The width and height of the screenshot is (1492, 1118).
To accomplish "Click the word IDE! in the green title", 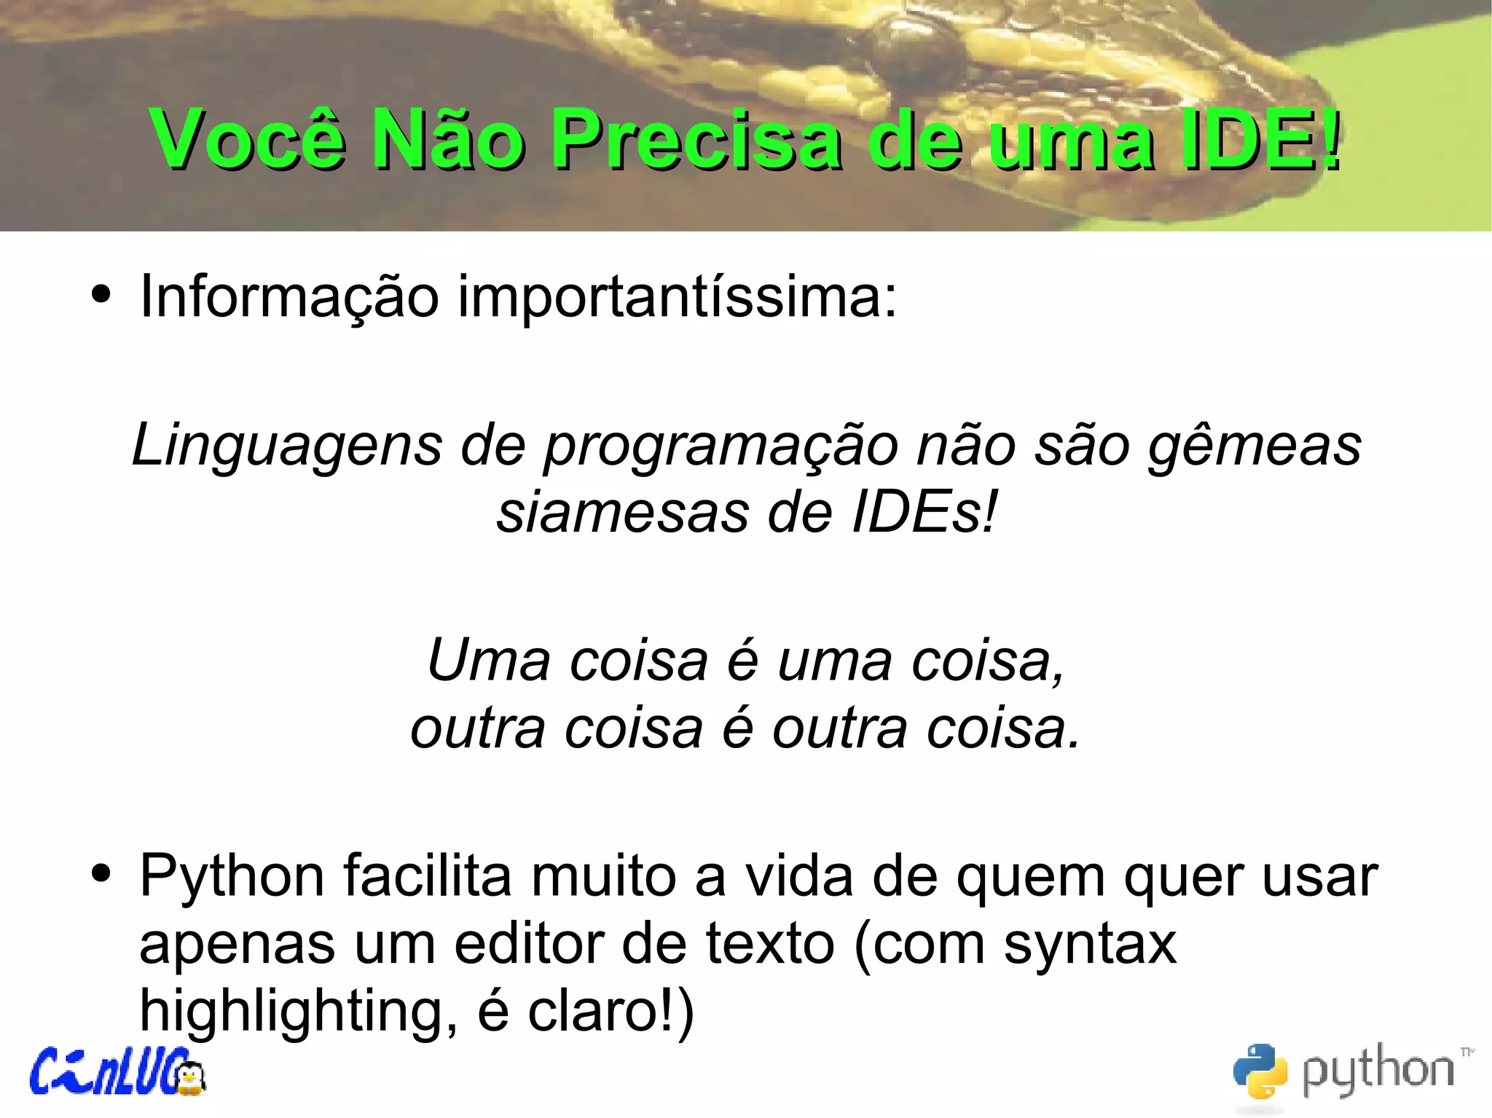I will [1260, 138].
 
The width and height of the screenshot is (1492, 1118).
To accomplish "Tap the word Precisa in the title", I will [696, 138].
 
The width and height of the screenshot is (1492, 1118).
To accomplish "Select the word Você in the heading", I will [248, 138].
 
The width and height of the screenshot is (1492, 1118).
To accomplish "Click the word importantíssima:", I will [678, 297].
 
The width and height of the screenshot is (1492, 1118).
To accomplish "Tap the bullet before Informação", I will [101, 295].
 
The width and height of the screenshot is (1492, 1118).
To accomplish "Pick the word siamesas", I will [623, 513].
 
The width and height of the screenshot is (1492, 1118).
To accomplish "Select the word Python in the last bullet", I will [232, 877].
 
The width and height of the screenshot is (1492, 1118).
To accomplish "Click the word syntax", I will [1090, 945].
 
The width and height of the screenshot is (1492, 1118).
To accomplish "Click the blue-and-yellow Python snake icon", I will [1260, 1070].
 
